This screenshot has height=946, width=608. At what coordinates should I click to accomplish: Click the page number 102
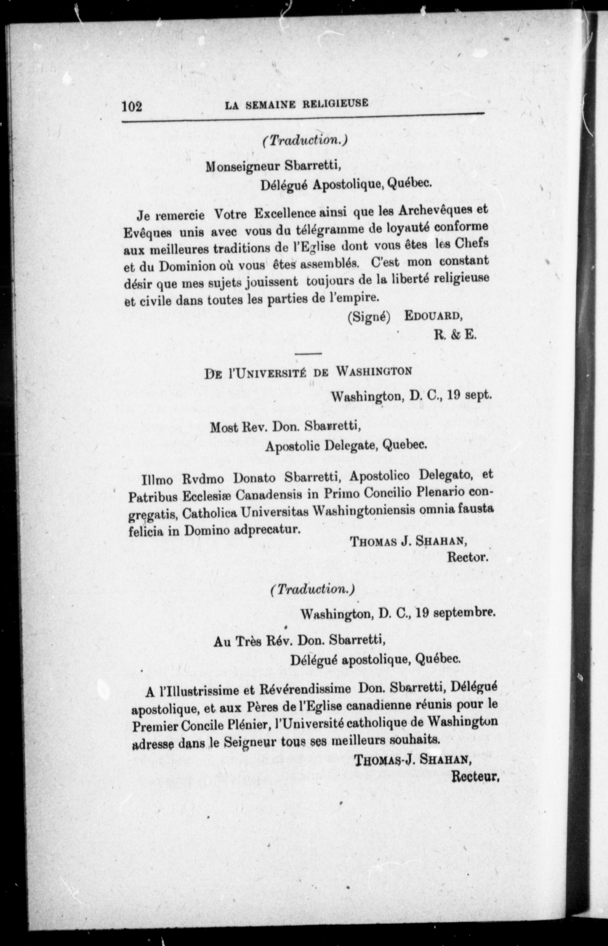point(132,106)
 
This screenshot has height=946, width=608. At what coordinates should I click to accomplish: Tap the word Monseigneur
point(243,166)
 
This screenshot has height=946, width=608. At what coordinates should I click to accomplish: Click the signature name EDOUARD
point(433,316)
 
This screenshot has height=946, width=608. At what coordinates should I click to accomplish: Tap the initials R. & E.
point(455,335)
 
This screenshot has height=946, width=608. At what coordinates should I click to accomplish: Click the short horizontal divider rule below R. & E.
point(308,353)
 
